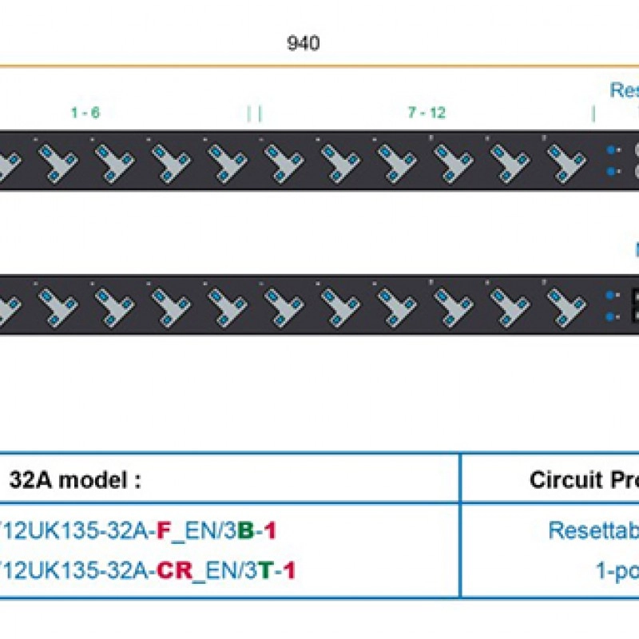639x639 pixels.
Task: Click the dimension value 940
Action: click(303, 43)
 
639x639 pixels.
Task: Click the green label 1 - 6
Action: click(85, 113)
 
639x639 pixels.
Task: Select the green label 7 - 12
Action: click(427, 113)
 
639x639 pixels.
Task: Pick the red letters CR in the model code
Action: click(176, 570)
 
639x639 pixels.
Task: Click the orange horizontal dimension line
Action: click(319, 65)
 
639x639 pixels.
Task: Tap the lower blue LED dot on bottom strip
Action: click(611, 316)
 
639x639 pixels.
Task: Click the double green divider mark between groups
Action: click(254, 113)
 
